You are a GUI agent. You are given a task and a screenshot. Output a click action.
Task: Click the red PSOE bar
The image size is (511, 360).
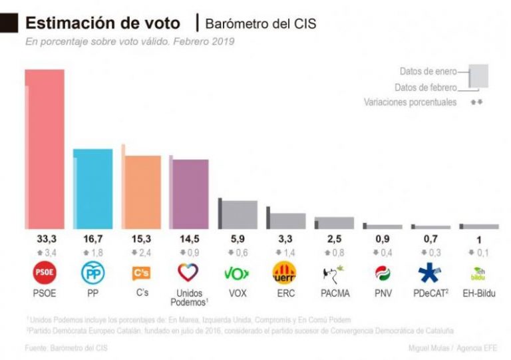pyautogui.click(x=45, y=149)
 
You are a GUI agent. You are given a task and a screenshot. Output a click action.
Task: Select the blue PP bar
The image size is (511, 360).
pyautogui.click(x=93, y=189)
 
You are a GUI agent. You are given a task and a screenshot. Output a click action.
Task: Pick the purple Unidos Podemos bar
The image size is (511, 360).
pyautogui.click(x=190, y=194)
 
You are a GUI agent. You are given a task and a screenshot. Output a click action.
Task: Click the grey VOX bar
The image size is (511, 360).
pyautogui.click(x=239, y=214)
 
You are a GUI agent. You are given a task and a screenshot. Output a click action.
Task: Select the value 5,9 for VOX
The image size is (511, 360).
pyautogui.click(x=239, y=239)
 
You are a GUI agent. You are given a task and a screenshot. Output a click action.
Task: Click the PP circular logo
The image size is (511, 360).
pyautogui.click(x=93, y=273)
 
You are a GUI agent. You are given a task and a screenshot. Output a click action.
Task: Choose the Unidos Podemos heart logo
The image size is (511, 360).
pyautogui.click(x=190, y=273)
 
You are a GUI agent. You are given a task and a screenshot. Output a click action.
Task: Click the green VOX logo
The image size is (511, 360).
pyautogui.click(x=238, y=273)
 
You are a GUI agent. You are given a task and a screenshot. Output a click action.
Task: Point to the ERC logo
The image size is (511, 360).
pyautogui.click(x=285, y=273)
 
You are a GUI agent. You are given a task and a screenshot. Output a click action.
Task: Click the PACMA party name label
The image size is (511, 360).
pyautogui.click(x=334, y=293)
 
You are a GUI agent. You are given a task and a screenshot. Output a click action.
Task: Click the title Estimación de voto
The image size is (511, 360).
pyautogui.click(x=102, y=23)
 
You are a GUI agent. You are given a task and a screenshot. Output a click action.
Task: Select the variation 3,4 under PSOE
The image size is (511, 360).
pyautogui.click(x=45, y=252)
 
